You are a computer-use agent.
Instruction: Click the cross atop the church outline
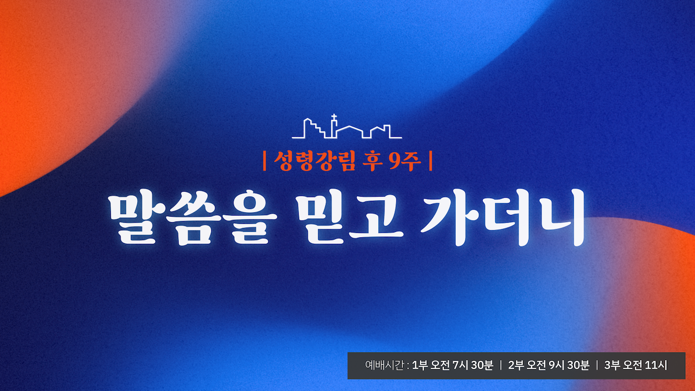tap(333, 117)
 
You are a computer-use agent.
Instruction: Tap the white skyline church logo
tap(347, 127)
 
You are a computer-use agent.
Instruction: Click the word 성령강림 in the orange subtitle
tap(314, 161)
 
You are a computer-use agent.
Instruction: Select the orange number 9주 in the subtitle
tap(405, 161)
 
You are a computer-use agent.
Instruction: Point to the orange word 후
tap(372, 161)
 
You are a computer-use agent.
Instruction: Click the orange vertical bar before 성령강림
tap(264, 161)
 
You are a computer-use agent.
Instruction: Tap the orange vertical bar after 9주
tap(431, 161)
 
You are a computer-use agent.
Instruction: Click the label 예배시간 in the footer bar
tap(384, 365)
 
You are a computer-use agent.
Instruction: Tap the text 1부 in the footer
tap(420, 365)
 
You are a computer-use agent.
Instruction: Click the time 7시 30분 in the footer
tap(473, 365)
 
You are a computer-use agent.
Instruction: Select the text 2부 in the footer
tap(516, 365)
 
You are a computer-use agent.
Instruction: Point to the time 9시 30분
tap(569, 365)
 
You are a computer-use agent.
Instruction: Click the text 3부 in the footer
tap(612, 365)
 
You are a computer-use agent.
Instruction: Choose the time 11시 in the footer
tap(656, 365)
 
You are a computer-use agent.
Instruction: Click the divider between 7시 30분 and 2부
tap(501, 365)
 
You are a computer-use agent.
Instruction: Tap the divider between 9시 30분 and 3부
tap(597, 365)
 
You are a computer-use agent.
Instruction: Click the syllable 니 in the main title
tap(560, 217)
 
